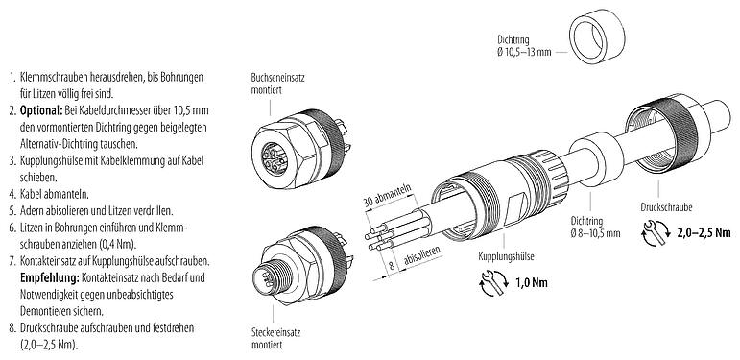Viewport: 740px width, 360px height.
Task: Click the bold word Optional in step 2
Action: (x=41, y=111)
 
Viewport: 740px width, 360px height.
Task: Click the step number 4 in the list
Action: (x=11, y=193)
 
